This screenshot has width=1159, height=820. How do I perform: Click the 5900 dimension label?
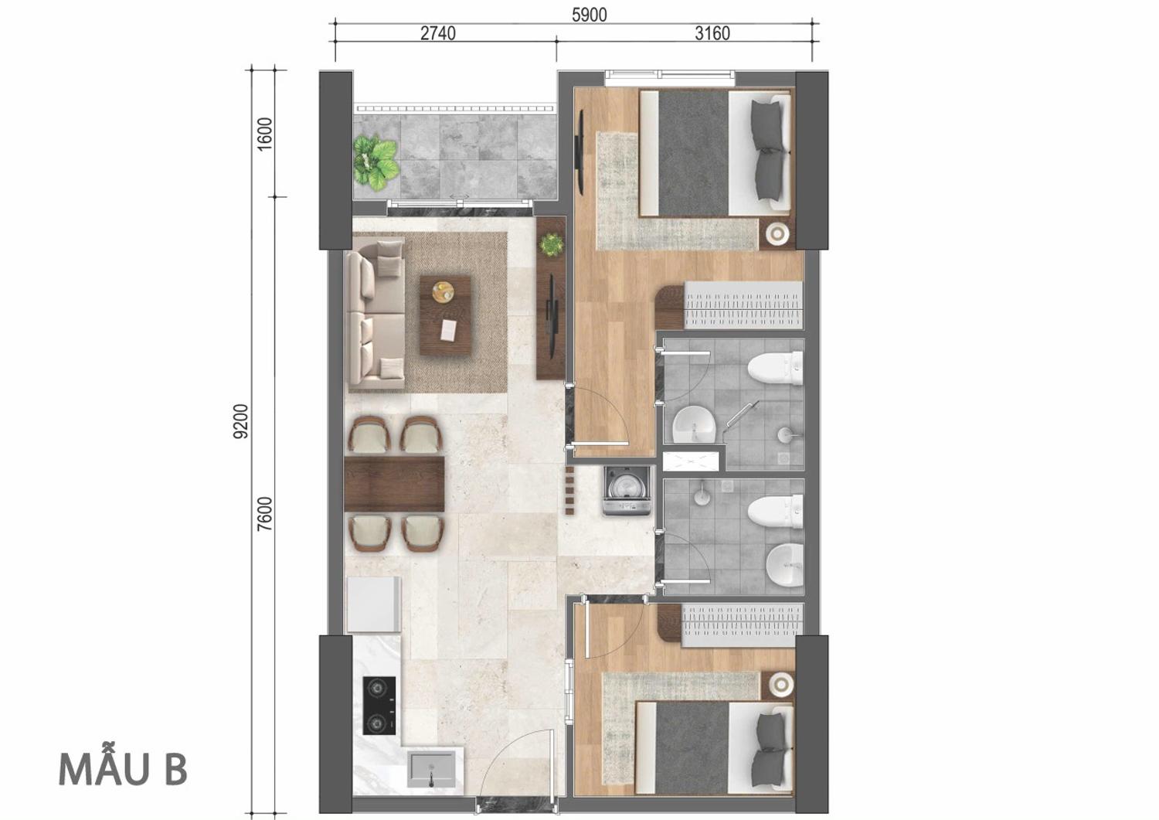click(589, 15)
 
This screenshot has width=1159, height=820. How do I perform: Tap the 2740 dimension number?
click(438, 33)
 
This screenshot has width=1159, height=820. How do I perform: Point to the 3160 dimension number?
click(712, 33)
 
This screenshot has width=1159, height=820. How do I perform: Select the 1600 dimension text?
click(264, 134)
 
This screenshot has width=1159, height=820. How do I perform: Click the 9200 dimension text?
click(241, 421)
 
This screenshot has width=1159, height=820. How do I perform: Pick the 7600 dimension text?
click(264, 514)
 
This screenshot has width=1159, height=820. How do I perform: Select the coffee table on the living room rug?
click(445, 315)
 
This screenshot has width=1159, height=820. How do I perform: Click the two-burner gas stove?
click(379, 706)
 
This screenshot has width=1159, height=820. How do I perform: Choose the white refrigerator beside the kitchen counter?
click(373, 604)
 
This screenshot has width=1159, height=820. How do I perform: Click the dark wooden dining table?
click(394, 484)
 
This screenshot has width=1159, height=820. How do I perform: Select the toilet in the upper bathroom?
click(775, 368)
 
